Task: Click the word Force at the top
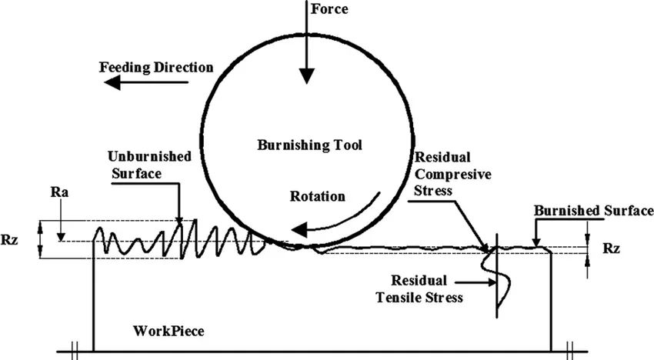329,8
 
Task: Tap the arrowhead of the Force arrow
306,76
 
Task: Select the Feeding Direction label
156,68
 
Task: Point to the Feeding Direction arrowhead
112,83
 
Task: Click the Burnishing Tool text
309,145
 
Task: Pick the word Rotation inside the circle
318,196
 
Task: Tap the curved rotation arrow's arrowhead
299,229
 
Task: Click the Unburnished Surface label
149,165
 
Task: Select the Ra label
60,192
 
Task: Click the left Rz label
9,240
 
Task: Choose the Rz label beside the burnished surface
611,248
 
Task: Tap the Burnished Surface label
594,211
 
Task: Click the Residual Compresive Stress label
452,174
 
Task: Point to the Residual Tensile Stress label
419,288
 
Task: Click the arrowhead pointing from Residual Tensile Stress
492,282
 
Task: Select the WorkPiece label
169,332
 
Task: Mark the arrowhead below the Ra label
61,236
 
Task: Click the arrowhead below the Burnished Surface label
536,242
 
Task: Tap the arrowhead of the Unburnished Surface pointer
179,220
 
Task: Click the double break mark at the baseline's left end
75,352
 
